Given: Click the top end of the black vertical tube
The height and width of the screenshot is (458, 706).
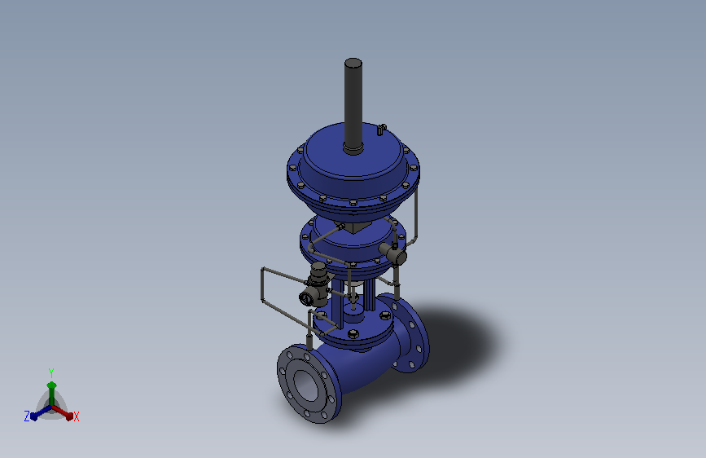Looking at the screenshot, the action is coord(353,62).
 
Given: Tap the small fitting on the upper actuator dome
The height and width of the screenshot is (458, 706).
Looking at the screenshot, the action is coord(381,130).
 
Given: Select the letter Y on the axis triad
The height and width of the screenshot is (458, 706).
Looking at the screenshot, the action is coord(51,372).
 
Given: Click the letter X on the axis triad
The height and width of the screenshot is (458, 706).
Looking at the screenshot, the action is coord(77,416).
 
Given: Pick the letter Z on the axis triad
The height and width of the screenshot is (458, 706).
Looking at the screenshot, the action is coord(27,416).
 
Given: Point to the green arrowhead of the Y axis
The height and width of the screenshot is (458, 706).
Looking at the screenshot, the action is coord(51,385).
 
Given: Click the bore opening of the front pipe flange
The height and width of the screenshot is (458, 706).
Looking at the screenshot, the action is coord(307,385).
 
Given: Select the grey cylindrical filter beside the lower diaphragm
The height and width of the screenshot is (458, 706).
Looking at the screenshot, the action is coord(393,254).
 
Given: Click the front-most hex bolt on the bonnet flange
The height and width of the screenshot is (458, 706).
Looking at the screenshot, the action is coord(353,334).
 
